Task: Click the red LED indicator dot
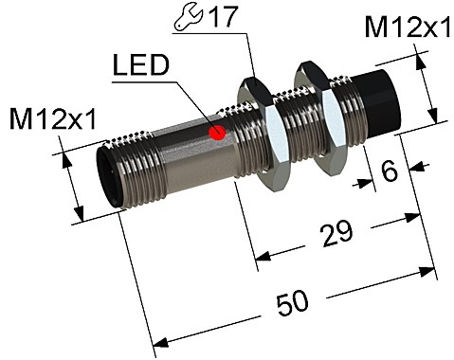point(216,132)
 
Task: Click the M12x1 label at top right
point(408,29)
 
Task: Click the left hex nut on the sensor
point(258,125)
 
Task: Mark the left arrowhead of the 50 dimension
point(156,339)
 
